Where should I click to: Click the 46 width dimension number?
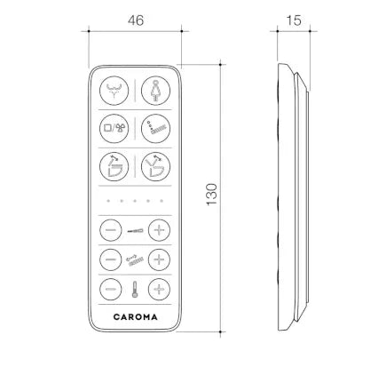click(136, 20)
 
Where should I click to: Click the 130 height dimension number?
click(212, 195)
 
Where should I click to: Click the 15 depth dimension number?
click(294, 20)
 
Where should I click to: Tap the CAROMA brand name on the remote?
click(135, 317)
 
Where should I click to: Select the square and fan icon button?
click(114, 129)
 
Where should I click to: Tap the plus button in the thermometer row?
click(159, 289)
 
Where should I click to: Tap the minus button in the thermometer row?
click(111, 289)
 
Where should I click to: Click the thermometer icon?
click(135, 290)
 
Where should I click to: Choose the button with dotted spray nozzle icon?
click(155, 129)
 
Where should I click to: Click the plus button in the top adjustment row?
click(159, 230)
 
